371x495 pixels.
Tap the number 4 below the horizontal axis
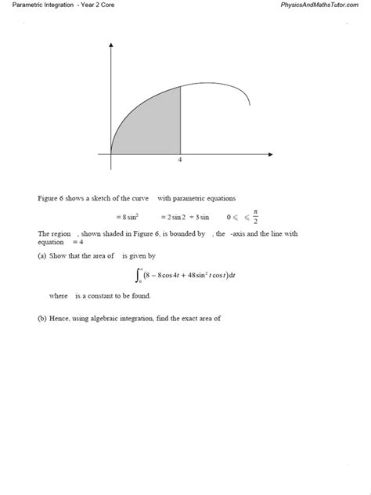click(180, 161)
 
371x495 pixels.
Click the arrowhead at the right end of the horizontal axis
click(270, 154)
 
